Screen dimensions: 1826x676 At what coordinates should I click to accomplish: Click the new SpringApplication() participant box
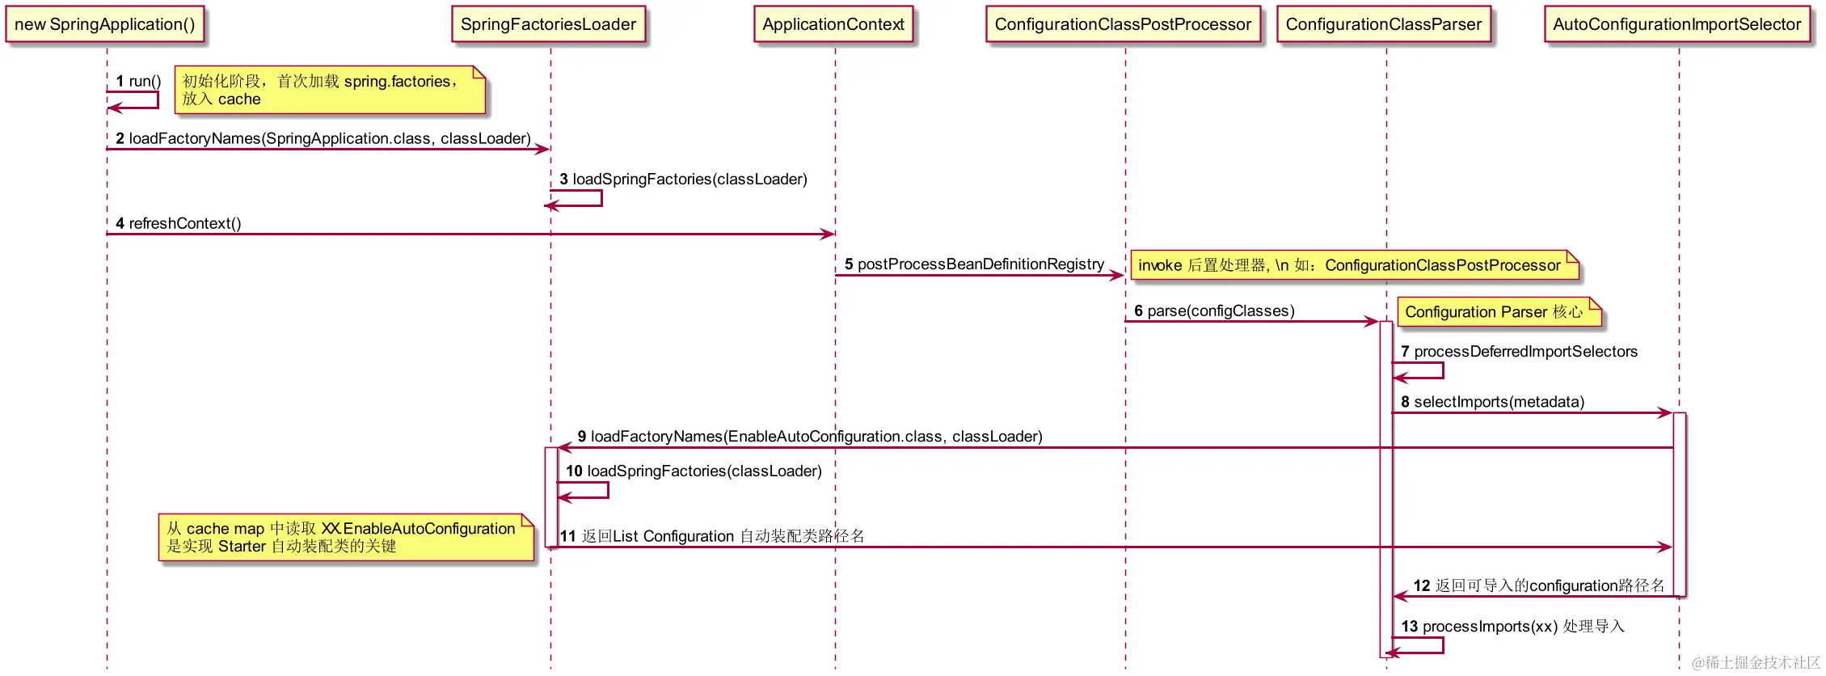click(x=105, y=24)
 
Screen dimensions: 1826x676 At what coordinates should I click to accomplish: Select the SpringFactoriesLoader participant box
click(x=549, y=24)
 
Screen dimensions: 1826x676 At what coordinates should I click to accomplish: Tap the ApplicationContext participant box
click(x=833, y=24)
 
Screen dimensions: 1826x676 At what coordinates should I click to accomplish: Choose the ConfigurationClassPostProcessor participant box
click(x=1123, y=24)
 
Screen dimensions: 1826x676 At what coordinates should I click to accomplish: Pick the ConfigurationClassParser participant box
click(x=1384, y=24)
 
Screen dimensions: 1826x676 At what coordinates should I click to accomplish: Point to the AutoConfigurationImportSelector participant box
click(x=1677, y=24)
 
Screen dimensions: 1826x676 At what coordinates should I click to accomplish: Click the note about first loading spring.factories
click(x=330, y=90)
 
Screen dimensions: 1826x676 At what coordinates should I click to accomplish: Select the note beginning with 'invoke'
click(x=1355, y=265)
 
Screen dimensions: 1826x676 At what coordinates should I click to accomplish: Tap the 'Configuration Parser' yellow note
click(x=1499, y=312)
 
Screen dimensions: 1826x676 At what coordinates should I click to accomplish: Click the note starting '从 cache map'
click(x=346, y=537)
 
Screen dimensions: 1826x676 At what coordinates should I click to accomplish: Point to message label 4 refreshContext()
click(x=179, y=223)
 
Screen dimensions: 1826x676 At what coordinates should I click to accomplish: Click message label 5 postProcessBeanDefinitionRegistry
click(x=974, y=264)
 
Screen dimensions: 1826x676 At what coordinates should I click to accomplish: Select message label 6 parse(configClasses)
click(x=1214, y=311)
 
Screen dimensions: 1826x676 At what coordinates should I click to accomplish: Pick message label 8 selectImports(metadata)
click(x=1492, y=402)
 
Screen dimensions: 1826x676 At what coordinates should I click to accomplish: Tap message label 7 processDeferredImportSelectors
click(x=1519, y=352)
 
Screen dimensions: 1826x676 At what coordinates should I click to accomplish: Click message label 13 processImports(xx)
click(x=1512, y=627)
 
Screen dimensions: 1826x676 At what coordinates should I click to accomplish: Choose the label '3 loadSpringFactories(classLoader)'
click(x=683, y=180)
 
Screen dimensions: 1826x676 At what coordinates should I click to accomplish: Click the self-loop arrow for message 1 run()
click(x=158, y=99)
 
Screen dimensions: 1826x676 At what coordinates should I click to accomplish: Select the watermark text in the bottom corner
click(x=1756, y=662)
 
